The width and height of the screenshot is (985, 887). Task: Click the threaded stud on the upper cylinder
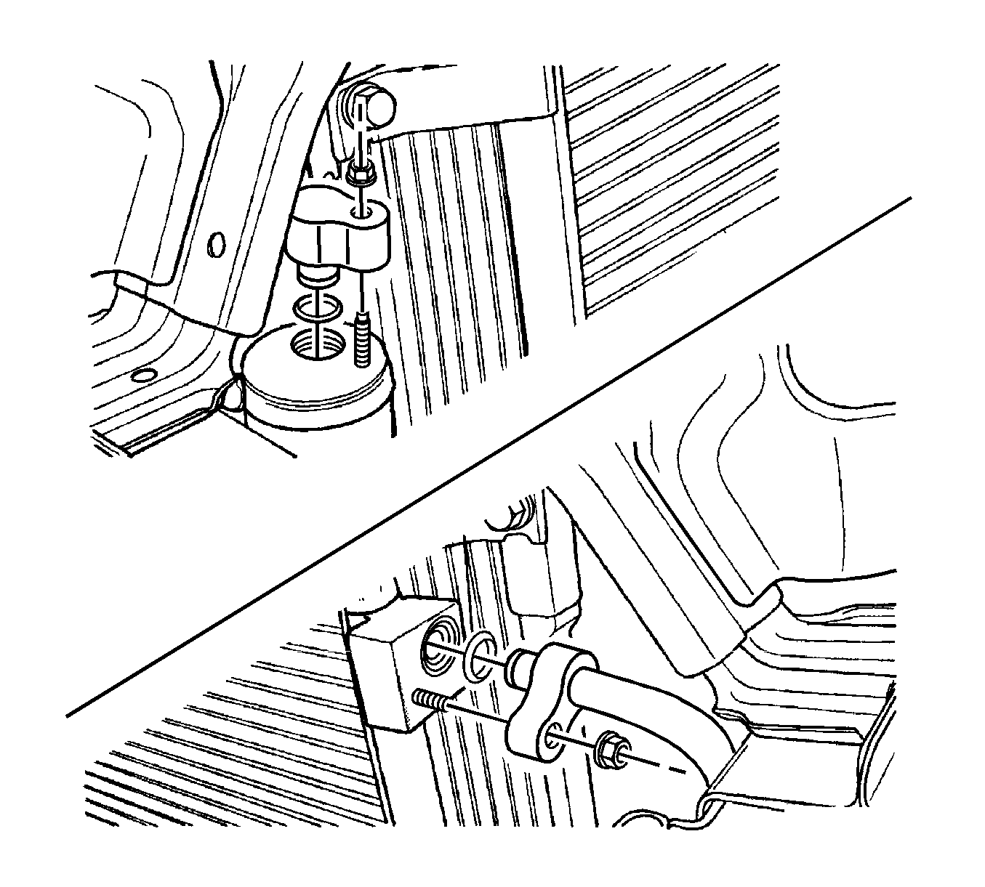363,341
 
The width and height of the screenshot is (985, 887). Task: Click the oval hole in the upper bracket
214,244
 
